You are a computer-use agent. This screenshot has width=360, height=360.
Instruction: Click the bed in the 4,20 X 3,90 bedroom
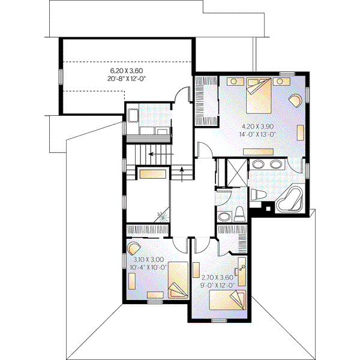(259, 97)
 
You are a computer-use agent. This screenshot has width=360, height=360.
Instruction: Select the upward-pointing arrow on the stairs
(182, 172)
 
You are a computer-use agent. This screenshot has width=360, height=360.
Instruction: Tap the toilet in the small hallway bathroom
(238, 212)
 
